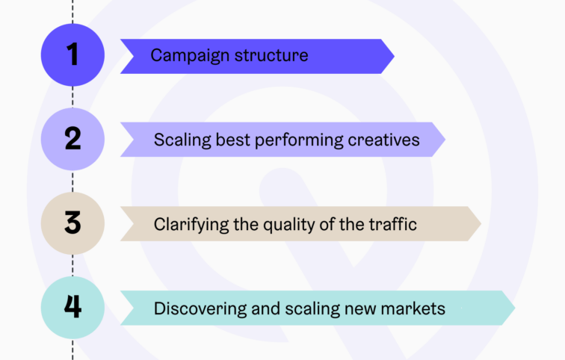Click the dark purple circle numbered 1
click(x=72, y=55)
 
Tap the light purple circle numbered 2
click(x=72, y=140)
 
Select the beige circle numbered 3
click(x=72, y=224)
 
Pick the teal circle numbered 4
click(x=72, y=308)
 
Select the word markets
click(x=413, y=308)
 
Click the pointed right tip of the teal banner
click(x=513, y=308)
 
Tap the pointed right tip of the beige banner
click(x=478, y=224)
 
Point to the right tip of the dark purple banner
click(x=392, y=56)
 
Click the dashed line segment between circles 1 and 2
click(x=72, y=97)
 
